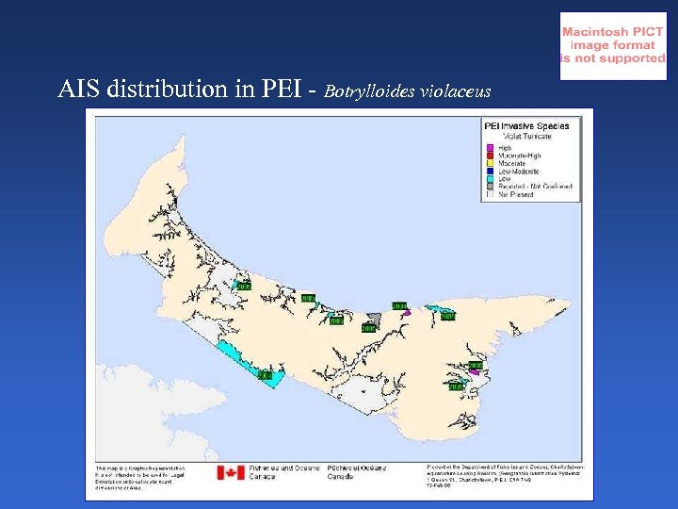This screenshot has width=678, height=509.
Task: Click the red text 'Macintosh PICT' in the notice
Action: point(613,31)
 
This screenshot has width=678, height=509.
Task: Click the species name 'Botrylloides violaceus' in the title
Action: point(408,91)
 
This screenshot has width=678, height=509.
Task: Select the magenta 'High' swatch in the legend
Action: point(490,148)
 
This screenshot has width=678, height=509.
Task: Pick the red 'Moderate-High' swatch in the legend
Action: point(490,156)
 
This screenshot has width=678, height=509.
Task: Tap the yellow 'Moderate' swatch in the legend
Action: point(490,164)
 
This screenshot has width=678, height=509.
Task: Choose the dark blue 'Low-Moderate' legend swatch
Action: point(490,172)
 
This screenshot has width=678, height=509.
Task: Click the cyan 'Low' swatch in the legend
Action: point(490,179)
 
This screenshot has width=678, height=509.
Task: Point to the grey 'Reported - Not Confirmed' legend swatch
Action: point(490,187)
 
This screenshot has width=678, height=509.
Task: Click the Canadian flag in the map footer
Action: point(231,472)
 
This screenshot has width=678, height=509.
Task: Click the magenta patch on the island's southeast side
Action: point(476,373)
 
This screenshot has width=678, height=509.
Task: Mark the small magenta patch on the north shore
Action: point(404,314)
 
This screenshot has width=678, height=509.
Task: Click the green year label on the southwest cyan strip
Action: point(265,375)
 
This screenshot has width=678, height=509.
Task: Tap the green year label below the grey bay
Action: point(368,329)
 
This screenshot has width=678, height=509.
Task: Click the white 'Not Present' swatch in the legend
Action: point(490,194)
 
